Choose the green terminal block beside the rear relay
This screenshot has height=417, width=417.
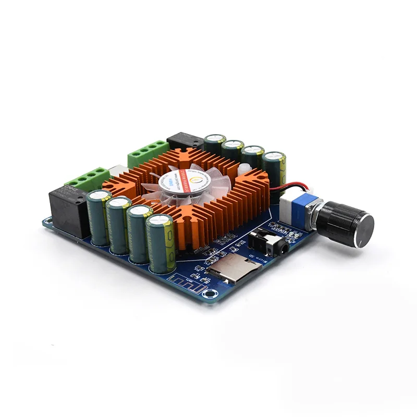148,151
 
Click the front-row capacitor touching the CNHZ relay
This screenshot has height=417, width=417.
99,216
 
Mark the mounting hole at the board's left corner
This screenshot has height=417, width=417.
47,221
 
